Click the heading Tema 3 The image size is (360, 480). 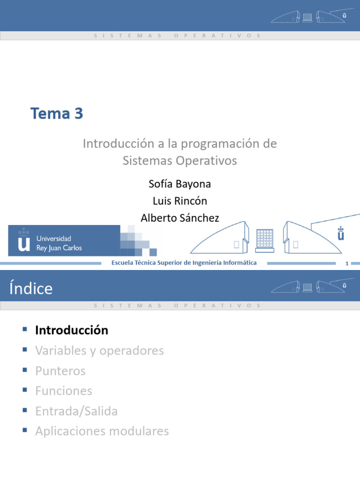pos(57,113)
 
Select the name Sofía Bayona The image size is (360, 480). pos(180,184)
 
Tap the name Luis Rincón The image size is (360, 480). pos(180,201)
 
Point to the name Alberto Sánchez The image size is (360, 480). pos(180,218)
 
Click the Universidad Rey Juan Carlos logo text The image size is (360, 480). pos(59,243)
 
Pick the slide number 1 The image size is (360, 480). pos(347,263)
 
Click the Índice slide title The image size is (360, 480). pos(31,288)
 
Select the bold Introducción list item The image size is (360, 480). pos(71,330)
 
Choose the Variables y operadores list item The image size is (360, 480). pos(99,351)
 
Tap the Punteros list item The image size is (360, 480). pos(60,371)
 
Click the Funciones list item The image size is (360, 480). pos(63,391)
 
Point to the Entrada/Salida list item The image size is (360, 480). pos(76,411)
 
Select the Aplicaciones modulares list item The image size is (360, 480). pos(102,431)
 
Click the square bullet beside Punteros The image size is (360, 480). pos(25,370)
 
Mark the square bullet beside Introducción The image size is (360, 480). pos(25,330)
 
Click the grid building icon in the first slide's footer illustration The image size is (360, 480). pos(264,239)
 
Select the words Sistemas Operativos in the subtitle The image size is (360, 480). pos(180,161)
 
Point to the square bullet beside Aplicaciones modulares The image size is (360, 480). pos(25,431)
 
